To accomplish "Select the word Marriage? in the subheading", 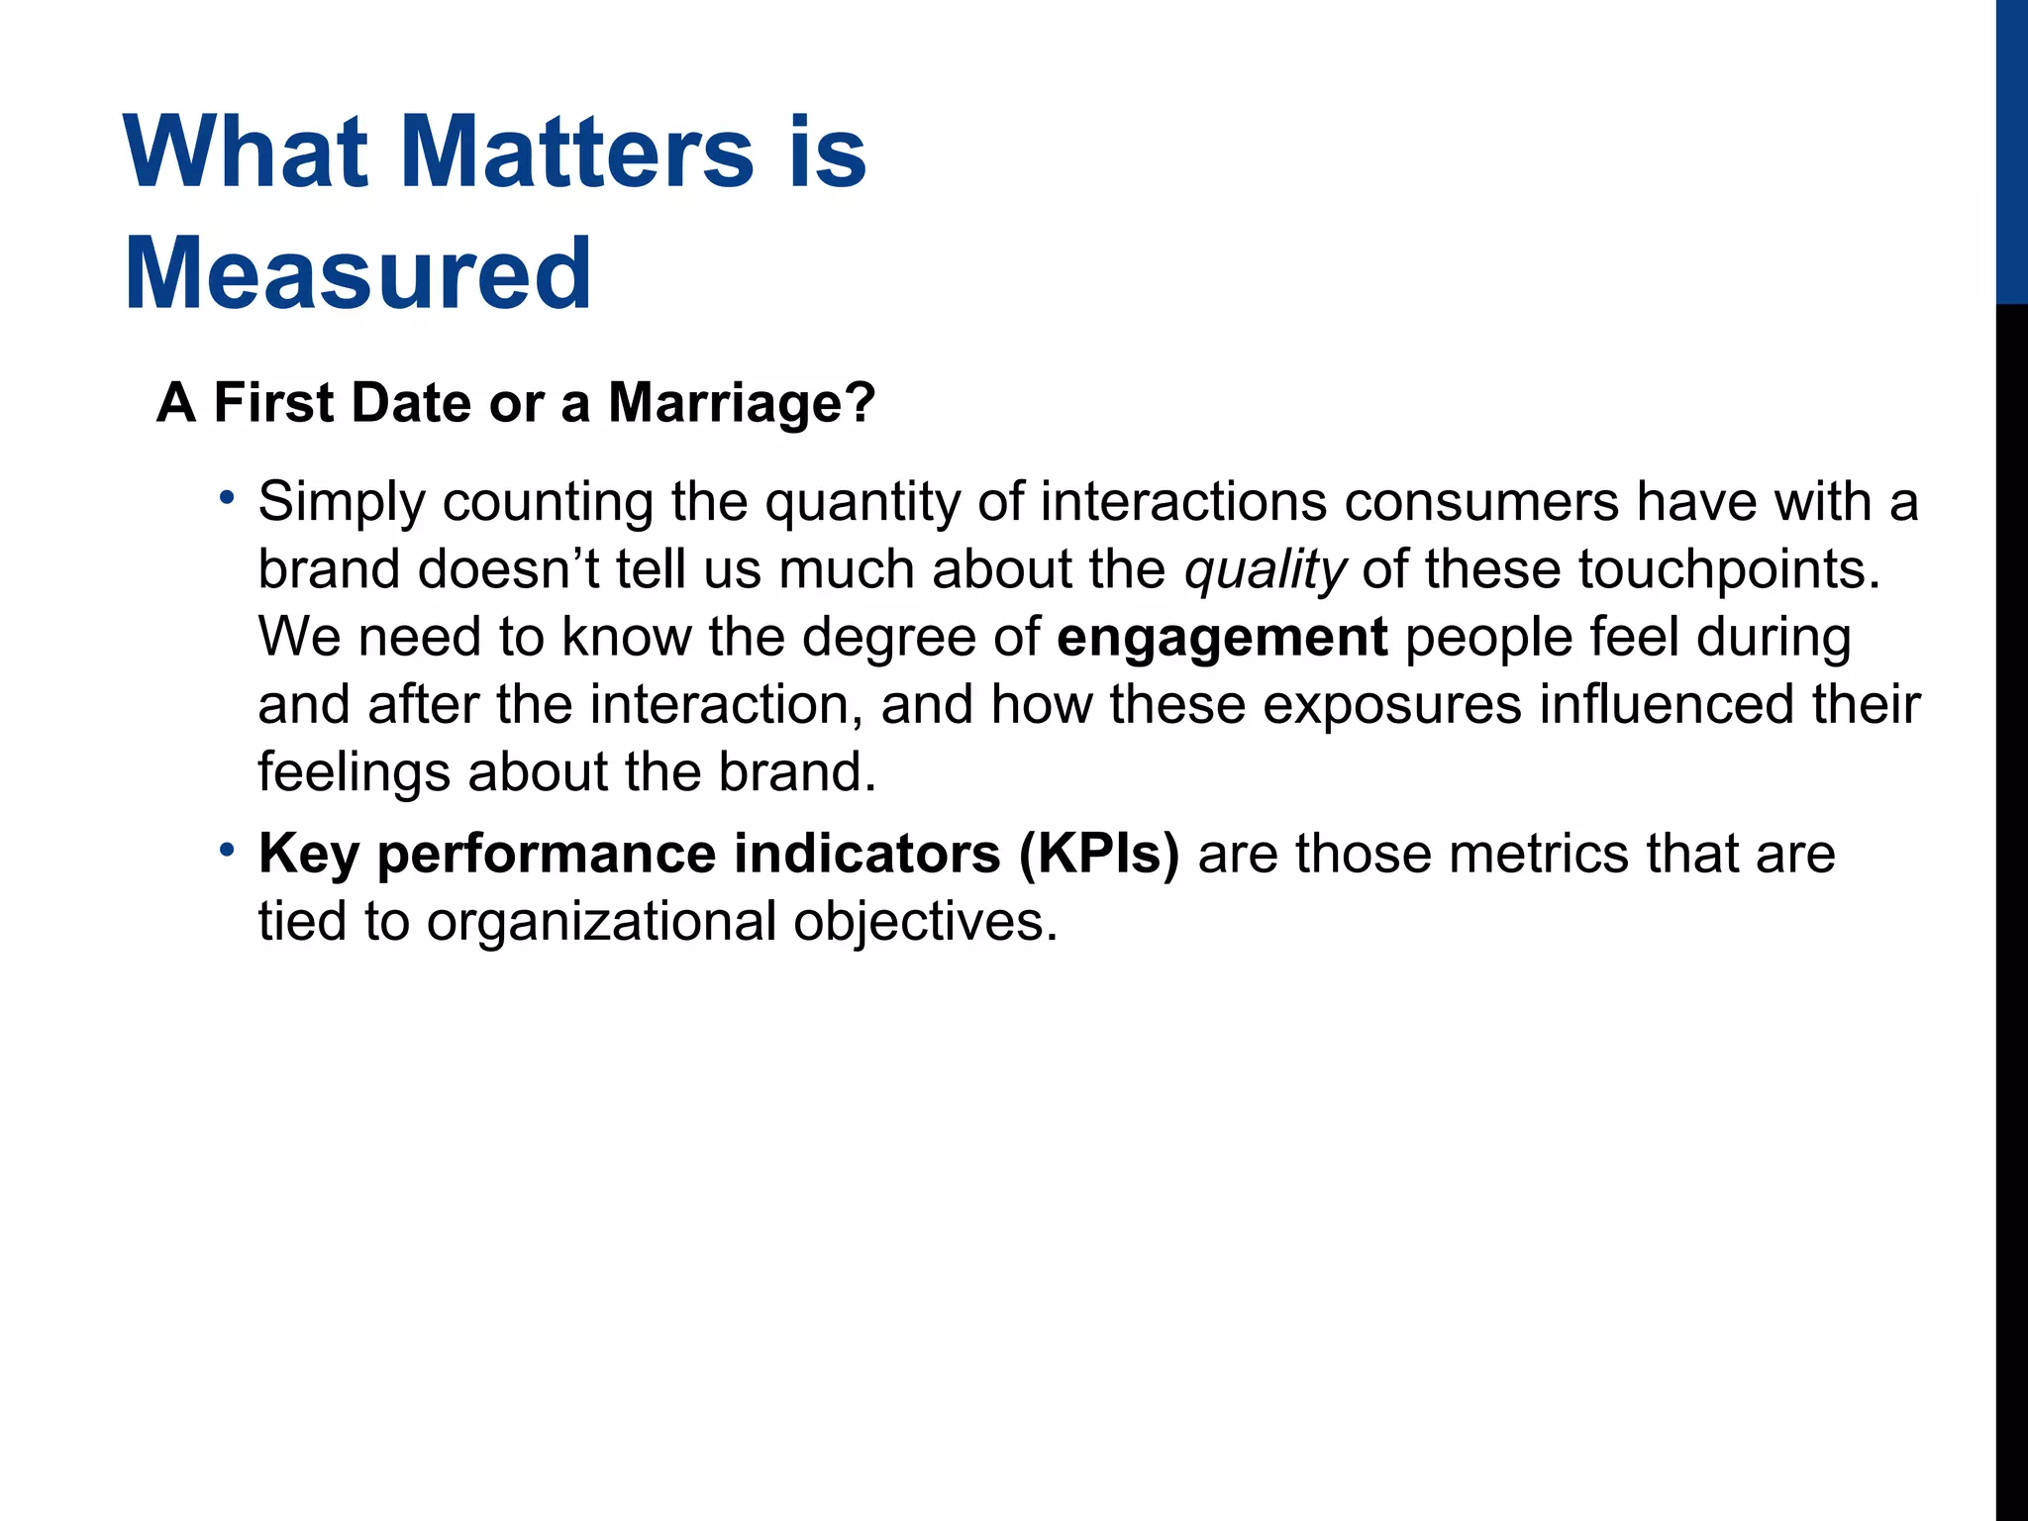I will point(742,403).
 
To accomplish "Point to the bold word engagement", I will point(1222,637).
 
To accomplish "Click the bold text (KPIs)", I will point(1099,854).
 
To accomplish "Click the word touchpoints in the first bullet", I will point(1728,569).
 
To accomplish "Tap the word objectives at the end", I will point(925,922).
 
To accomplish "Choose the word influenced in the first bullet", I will point(1668,705).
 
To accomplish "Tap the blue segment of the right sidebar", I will point(2011,149).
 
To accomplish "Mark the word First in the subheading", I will point(273,403).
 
